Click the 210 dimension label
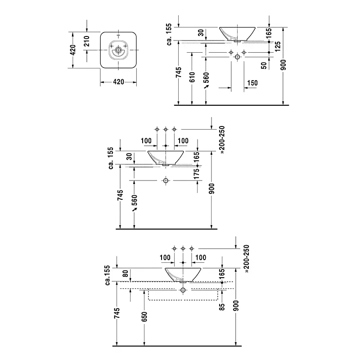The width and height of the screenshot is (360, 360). [86, 41]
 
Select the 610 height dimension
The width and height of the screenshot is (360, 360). [192, 77]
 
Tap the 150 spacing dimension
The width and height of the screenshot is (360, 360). [252, 83]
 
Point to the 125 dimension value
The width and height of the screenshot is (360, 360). [278, 47]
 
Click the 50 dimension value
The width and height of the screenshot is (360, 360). [264, 65]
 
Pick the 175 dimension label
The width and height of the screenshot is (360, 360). [197, 174]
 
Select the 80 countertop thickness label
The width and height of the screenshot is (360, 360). [126, 274]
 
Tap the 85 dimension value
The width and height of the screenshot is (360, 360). [222, 307]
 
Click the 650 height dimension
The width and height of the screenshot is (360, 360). [144, 317]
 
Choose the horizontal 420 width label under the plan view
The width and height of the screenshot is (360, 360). [118, 82]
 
